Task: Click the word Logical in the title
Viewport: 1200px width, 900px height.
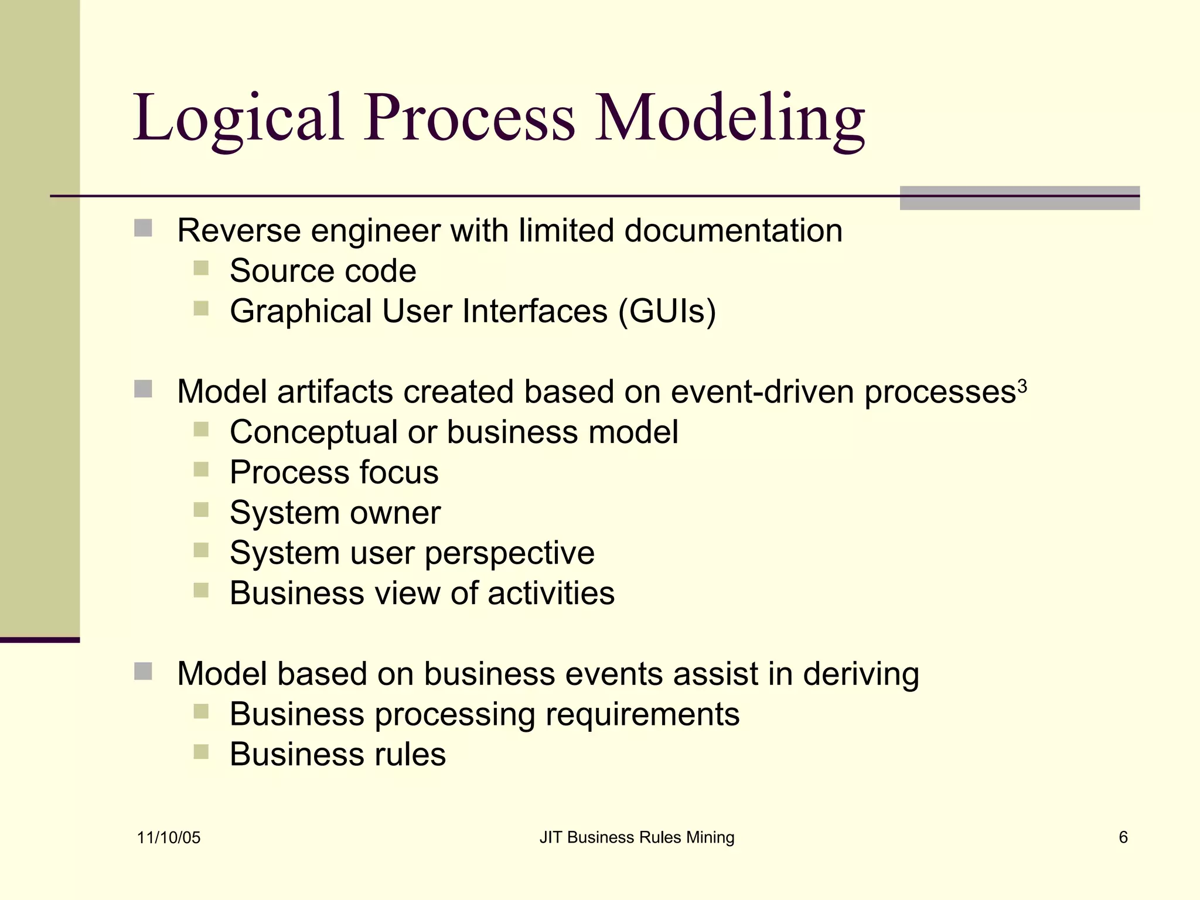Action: point(237,119)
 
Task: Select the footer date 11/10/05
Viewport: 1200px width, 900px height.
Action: point(169,837)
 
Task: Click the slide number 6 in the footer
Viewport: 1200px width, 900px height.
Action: point(1123,837)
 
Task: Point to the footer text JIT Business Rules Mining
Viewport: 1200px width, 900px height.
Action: point(636,837)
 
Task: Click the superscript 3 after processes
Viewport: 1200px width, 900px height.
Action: point(1022,386)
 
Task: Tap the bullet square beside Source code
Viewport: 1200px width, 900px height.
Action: point(201,268)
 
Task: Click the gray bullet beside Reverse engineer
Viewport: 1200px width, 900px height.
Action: point(143,228)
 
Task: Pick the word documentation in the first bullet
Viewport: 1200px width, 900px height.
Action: point(733,230)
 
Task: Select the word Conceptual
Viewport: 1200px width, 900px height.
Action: point(313,433)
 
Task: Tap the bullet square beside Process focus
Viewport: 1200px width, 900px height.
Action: point(201,470)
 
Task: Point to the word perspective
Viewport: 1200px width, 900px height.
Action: point(509,554)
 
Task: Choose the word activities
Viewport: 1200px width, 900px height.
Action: point(551,593)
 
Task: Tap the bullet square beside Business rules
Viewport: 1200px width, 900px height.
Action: point(201,752)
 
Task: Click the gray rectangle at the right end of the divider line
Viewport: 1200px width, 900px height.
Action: point(1020,198)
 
